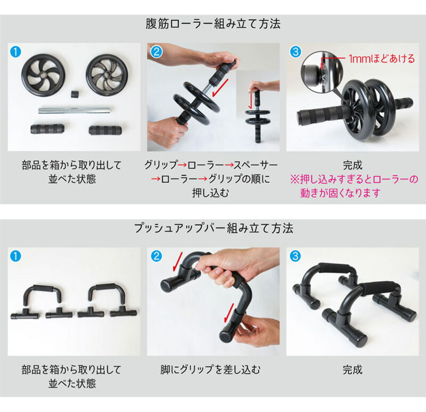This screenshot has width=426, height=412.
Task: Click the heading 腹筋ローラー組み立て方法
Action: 212,23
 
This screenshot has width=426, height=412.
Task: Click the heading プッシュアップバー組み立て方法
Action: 214,228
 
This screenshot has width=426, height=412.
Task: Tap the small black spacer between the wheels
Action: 75,94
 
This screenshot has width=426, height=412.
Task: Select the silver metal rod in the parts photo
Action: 75,110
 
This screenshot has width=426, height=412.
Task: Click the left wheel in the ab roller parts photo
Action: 43,75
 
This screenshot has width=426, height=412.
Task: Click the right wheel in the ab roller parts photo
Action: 107,75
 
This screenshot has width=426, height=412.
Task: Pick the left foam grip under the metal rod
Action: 47,128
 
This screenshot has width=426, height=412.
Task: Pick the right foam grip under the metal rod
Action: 105,130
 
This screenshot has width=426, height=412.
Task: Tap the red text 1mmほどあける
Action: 382,59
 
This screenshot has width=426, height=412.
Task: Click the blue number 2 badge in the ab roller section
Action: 156,52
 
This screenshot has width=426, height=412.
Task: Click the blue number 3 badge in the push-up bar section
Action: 296,256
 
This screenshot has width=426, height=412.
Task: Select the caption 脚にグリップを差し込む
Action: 210,369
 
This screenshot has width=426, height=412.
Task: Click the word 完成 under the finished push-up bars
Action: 353,369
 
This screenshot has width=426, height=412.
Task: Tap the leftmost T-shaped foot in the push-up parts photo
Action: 25,314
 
